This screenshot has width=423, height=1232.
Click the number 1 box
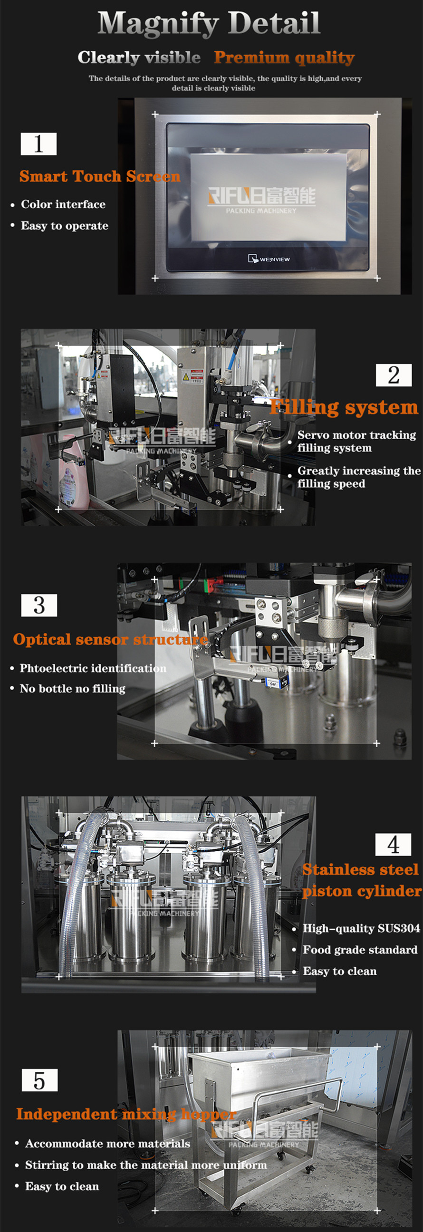coord(38,144)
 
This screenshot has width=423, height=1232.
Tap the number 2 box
coord(394,375)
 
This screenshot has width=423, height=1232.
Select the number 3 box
coord(39,606)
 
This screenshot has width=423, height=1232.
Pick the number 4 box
coord(393,845)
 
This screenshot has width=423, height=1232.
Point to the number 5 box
coord(39,1080)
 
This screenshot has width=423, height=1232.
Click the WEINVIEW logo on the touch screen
coord(269,259)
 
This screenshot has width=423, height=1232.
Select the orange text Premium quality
coord(284,58)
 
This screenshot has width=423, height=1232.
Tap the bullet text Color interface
coord(63,204)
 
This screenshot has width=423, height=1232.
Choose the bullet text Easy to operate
coord(65,226)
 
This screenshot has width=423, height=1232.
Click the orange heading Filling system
coord(344,407)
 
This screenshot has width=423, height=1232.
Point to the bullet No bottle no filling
coord(73,689)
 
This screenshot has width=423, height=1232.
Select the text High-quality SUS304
coord(362,928)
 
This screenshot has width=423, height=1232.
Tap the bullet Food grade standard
coord(360,950)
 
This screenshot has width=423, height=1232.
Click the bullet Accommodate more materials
coord(107,1144)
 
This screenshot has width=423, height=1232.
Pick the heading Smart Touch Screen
coord(100,176)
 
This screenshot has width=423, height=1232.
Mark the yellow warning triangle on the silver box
coord(186,377)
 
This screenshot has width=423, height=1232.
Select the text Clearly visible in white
coord(139,58)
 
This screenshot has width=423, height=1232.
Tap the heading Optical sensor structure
coord(111,640)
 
